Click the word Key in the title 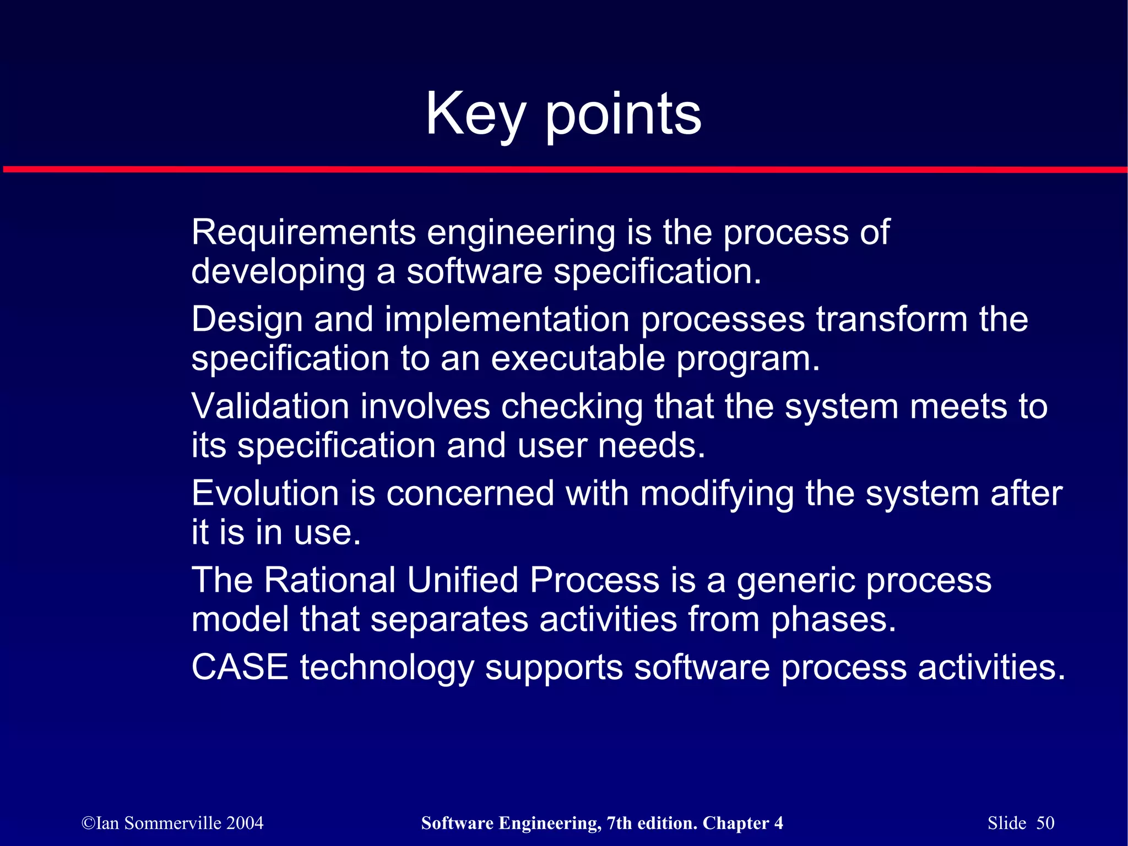(475, 114)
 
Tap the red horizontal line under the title (564, 169)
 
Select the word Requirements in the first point (303, 232)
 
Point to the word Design (247, 319)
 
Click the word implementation (507, 319)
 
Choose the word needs (651, 445)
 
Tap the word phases (833, 619)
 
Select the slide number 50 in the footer (1045, 823)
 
